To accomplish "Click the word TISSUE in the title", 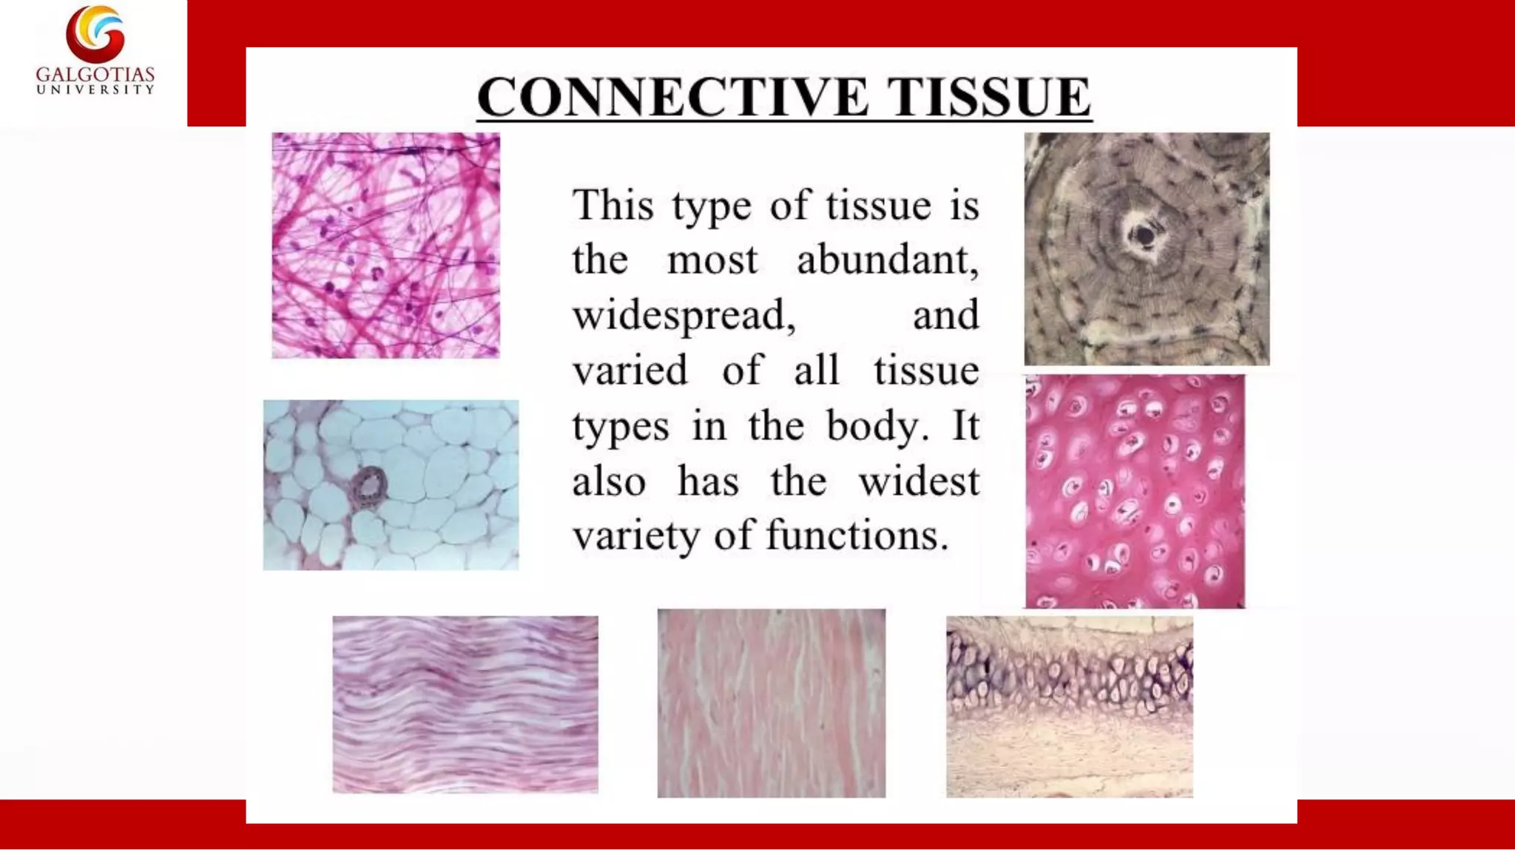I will point(989,97).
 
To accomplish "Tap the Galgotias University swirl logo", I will point(95,33).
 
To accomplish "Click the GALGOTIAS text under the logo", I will point(95,75).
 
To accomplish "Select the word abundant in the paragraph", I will point(888,260).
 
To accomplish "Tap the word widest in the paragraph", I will point(919,481).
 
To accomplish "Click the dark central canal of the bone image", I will point(1144,236).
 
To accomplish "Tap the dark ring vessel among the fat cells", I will point(369,486).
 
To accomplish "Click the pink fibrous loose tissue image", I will point(385,246).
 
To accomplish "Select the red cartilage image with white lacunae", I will point(1135,491).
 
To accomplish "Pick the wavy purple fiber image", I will point(465,704).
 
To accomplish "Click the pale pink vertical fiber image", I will point(771,703).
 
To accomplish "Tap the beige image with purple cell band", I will point(1069,706).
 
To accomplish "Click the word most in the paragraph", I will point(712,260).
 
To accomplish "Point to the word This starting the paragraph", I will point(613,205).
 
